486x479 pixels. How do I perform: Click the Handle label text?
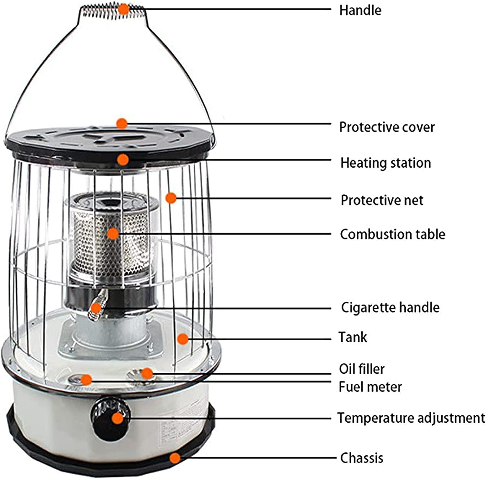360,10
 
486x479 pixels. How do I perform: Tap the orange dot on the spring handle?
123,9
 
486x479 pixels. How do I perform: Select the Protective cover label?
387,127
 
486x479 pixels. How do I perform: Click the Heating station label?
385,163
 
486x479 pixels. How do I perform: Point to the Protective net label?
382,200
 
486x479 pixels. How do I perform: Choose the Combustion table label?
392,234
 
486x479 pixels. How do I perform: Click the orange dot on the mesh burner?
113,234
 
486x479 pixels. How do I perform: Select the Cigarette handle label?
390,307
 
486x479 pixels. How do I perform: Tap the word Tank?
353,337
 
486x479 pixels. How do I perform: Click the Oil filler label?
362,369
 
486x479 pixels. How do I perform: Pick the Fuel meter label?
370,387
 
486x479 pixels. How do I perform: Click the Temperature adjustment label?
411,418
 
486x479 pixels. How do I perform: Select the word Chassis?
362,458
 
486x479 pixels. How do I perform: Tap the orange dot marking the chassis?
175,458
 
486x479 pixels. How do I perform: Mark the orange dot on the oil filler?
147,373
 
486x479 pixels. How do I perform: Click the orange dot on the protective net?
171,198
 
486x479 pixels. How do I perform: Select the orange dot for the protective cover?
122,123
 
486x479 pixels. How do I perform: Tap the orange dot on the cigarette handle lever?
96,308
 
